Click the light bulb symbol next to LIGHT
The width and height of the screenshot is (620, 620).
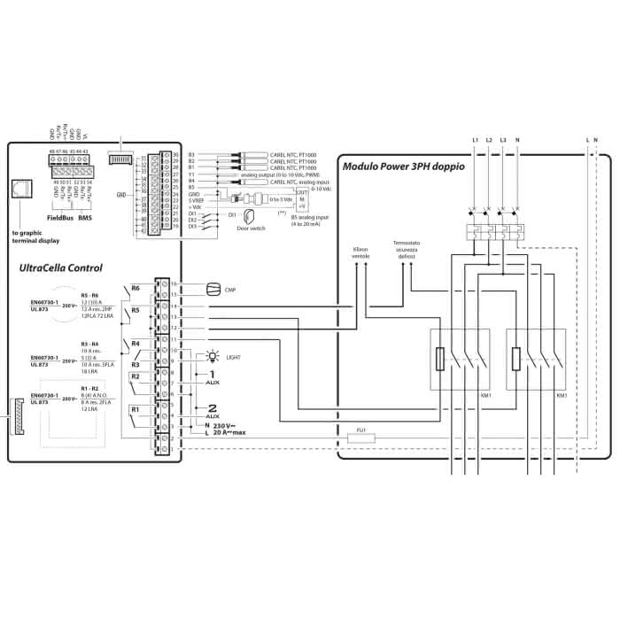point(211,357)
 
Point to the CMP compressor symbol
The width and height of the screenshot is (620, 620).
point(213,289)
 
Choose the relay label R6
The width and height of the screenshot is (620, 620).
point(136,289)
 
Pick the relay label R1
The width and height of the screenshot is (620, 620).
point(135,409)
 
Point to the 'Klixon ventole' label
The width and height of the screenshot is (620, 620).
point(360,252)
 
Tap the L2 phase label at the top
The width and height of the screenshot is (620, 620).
point(489,140)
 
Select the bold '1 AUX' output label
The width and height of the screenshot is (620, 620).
point(212,376)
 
